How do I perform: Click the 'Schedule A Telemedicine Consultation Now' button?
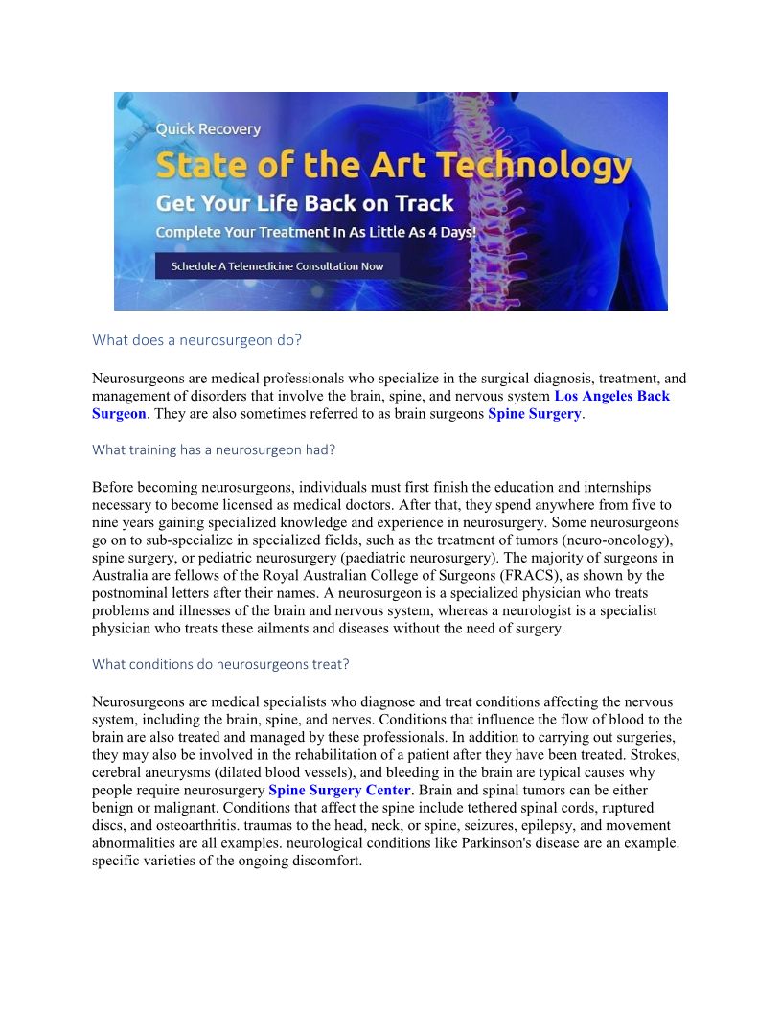pos(277,265)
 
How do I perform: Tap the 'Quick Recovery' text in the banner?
pos(208,128)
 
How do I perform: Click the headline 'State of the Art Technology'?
pos(393,166)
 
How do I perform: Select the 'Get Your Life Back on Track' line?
pos(305,203)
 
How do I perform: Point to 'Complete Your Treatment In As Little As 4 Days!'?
pos(315,233)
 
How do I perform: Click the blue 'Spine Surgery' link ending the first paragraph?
pos(534,414)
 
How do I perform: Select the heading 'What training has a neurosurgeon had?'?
pos(214,449)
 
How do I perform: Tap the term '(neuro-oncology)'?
pos(624,540)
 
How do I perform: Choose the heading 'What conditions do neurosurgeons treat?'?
pos(220,663)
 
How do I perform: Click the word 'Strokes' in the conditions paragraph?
pos(657,755)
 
